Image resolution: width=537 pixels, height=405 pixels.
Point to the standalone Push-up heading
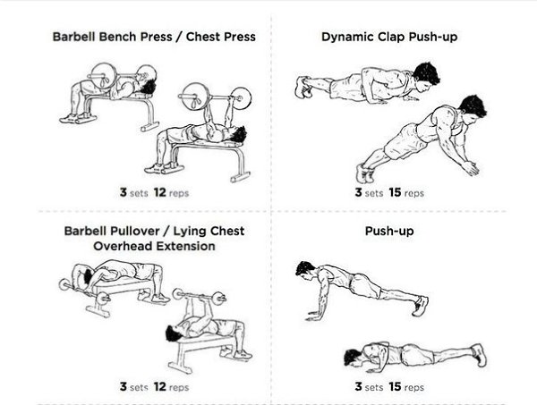pos(389,232)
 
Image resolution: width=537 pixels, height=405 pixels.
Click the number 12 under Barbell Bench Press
pos(160,192)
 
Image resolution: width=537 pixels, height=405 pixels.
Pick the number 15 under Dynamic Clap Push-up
pos(395,192)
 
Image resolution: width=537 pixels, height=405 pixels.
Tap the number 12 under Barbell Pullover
pos(160,387)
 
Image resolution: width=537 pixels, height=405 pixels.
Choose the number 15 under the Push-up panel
pos(395,387)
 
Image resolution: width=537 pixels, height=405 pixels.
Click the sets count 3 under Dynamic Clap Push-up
pos(358,192)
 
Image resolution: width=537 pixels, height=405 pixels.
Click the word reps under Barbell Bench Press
pos(179,194)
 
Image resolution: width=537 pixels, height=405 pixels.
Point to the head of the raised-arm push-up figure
pos(304,269)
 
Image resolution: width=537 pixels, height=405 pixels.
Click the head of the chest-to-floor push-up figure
pos(353,357)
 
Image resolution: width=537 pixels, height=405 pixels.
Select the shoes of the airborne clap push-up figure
pos(363,173)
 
